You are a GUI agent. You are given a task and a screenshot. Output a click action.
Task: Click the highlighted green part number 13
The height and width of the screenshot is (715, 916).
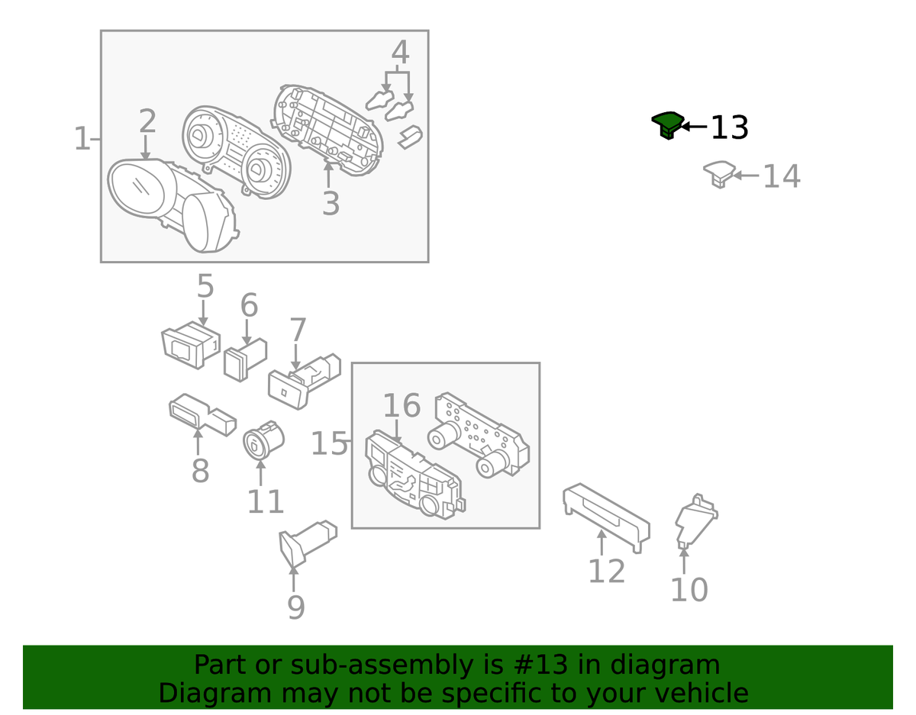tap(666, 124)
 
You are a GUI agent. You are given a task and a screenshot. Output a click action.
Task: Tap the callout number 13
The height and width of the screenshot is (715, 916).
tap(729, 127)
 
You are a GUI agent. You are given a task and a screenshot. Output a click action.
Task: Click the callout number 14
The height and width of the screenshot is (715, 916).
tap(782, 176)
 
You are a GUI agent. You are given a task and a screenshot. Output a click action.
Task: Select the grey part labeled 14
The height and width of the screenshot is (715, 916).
tap(718, 173)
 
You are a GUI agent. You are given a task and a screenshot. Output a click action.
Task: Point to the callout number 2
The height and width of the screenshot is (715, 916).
tap(147, 122)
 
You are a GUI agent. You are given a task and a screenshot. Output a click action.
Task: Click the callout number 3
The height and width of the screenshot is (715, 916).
tap(330, 204)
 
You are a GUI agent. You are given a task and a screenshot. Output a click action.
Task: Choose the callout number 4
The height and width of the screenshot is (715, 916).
tap(400, 53)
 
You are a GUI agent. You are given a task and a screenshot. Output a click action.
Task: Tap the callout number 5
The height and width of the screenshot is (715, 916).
tap(205, 286)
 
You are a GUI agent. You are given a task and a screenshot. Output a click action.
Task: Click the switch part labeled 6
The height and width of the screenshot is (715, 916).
tap(244, 359)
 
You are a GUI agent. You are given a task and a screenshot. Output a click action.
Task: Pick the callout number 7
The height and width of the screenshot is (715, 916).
tap(297, 330)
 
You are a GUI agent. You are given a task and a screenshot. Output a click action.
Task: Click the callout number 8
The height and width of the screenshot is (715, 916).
tap(200, 471)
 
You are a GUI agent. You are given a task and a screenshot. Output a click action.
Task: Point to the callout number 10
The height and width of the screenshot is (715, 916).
tap(689, 589)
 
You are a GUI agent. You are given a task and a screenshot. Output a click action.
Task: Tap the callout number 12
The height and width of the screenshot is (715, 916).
tap(606, 570)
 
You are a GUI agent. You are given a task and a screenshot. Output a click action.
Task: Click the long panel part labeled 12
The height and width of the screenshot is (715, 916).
tap(607, 515)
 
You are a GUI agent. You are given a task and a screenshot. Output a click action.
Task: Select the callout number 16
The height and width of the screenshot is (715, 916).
tap(402, 406)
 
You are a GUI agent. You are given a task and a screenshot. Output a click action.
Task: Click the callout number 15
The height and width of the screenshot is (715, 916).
tap(329, 443)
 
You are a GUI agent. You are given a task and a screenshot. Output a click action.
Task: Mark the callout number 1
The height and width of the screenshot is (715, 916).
tap(82, 139)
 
